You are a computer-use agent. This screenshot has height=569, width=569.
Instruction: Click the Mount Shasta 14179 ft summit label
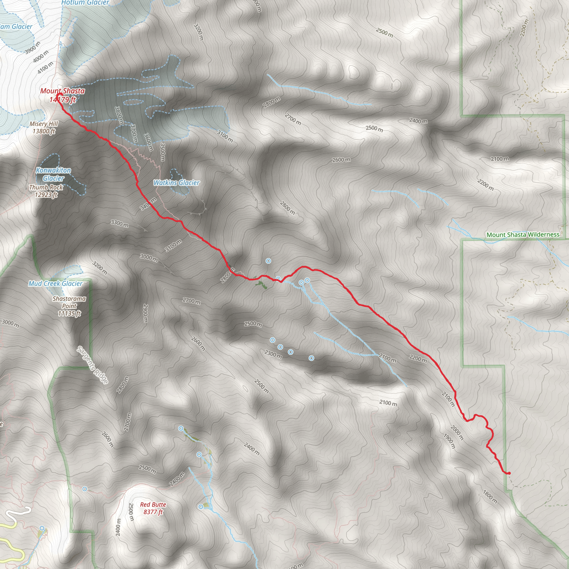tap(63, 95)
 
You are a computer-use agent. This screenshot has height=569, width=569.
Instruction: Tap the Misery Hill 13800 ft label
tap(44, 128)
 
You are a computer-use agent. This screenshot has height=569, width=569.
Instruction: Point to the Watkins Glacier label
tap(176, 183)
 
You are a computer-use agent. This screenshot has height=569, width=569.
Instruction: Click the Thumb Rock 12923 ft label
tap(46, 191)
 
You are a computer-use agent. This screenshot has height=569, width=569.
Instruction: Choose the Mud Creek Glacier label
tap(55, 283)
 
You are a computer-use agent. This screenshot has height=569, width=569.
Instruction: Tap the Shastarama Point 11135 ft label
tap(69, 306)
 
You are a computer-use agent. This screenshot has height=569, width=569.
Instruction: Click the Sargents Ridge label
tap(92, 365)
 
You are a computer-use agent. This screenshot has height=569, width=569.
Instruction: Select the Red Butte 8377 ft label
tap(153, 508)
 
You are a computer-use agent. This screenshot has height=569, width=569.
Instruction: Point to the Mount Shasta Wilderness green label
tap(523, 235)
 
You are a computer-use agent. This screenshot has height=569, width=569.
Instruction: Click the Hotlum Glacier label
tap(85, 3)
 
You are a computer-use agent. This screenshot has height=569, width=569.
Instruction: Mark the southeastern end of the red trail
tap(509, 473)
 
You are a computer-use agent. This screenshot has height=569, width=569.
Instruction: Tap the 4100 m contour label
tap(45, 68)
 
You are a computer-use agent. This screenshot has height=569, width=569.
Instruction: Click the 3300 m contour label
tap(119, 223)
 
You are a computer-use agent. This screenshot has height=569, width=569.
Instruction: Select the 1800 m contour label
tap(490, 496)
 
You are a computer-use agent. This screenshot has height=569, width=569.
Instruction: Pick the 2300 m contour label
tap(273, 354)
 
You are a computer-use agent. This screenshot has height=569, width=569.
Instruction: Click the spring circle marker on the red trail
tap(278, 279)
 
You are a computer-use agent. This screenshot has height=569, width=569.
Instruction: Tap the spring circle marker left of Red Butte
tap(85, 489)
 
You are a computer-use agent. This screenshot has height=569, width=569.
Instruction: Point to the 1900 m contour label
tap(449, 441)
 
